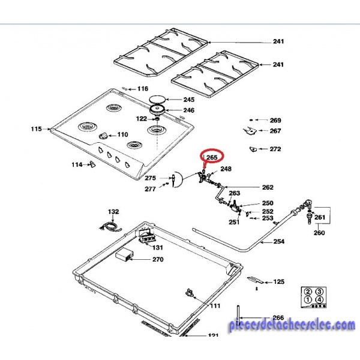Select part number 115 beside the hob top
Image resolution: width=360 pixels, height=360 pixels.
[35, 129]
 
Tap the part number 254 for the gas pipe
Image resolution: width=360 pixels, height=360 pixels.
[278, 242]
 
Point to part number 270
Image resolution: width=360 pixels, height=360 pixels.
[158, 260]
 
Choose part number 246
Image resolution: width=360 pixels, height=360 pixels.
[188, 110]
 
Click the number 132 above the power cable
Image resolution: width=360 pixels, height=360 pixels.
[113, 212]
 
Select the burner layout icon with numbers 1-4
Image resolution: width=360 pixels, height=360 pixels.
[313, 296]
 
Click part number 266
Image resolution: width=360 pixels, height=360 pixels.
[278, 318]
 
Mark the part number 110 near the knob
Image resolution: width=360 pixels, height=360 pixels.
[122, 134]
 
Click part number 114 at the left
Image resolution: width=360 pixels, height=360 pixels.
[76, 164]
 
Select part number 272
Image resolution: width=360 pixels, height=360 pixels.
[275, 149]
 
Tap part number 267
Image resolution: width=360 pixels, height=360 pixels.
[275, 131]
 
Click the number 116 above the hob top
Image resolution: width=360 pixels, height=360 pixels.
[142, 89]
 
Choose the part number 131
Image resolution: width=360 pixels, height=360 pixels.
[157, 247]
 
